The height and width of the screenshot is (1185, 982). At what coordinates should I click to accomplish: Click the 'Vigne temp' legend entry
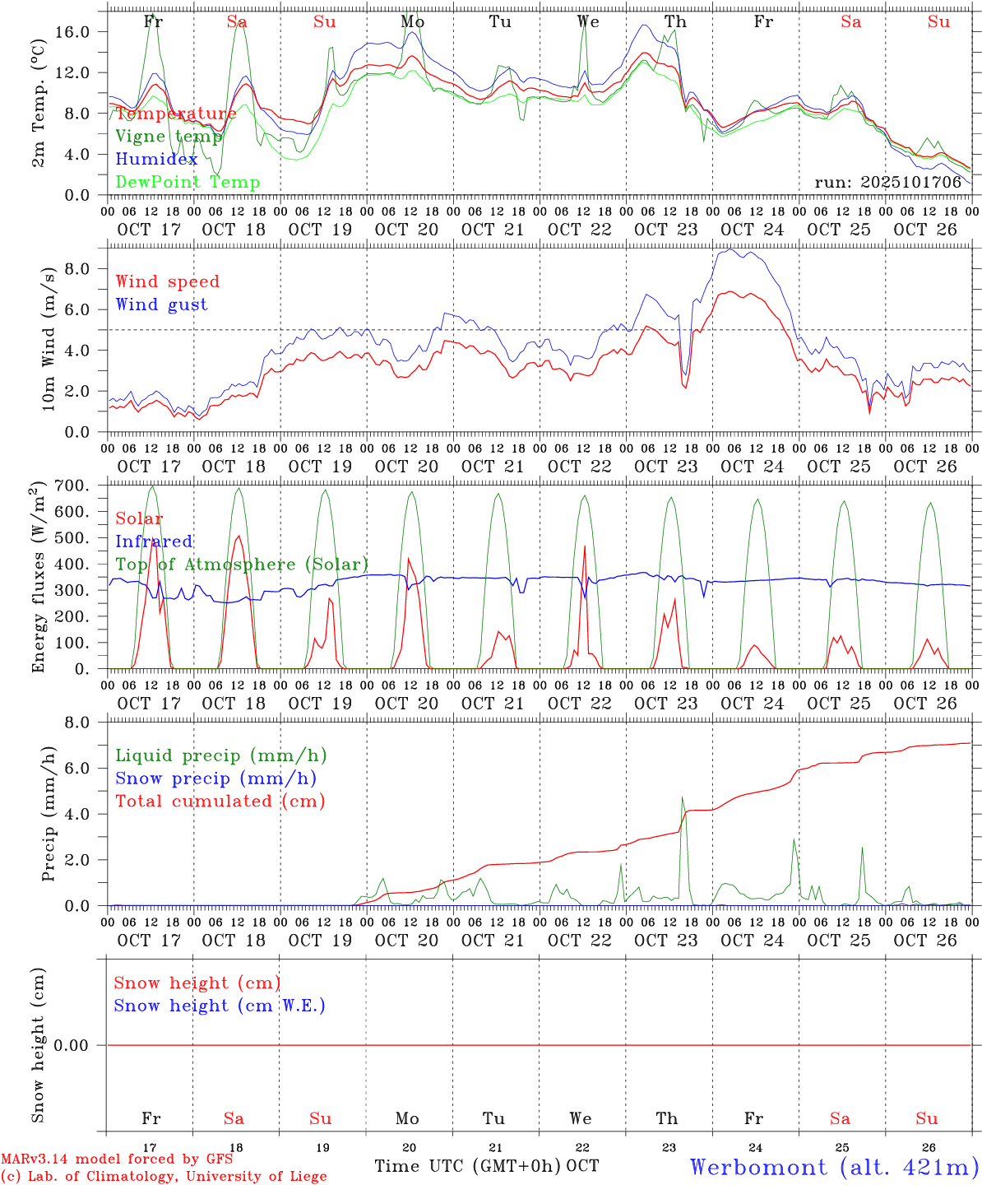coord(169,137)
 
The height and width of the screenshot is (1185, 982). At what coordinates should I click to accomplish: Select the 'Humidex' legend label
coord(156,160)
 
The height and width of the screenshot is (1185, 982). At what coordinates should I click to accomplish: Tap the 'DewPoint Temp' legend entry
coord(188,183)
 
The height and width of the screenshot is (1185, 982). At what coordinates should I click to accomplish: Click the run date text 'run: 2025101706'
coord(887,183)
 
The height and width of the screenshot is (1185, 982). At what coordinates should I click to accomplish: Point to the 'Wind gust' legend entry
coord(161,304)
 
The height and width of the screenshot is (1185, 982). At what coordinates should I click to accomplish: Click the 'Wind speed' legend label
coord(168,281)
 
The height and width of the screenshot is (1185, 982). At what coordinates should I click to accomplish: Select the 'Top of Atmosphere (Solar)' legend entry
coord(242,565)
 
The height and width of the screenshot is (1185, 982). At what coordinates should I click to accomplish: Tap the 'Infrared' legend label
coord(154,541)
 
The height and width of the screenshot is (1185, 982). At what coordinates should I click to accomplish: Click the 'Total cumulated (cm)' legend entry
coord(220,801)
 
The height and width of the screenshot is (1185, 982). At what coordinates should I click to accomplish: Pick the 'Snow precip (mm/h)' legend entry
coord(215,778)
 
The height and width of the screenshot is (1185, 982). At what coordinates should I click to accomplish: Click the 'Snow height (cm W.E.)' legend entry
coord(220,1006)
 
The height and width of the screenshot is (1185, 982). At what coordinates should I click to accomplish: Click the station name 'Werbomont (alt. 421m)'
coord(834,1167)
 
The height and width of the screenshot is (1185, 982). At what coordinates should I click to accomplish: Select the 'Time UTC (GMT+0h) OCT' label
coord(486,1166)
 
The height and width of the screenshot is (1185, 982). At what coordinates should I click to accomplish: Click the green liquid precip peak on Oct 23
coord(682,798)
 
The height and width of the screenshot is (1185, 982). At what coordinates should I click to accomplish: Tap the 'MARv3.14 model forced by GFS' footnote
coord(117,1159)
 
